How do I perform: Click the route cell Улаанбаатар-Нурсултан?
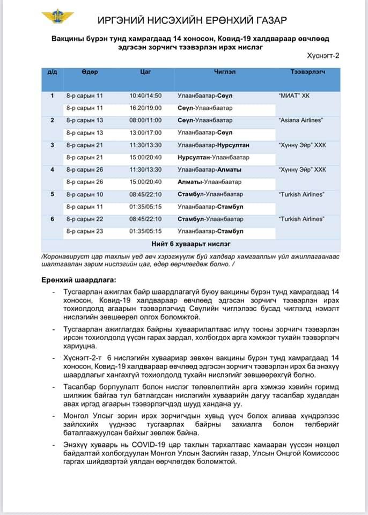point(213,145)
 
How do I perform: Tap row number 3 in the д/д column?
point(52,145)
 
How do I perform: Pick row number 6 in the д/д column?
point(52,219)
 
